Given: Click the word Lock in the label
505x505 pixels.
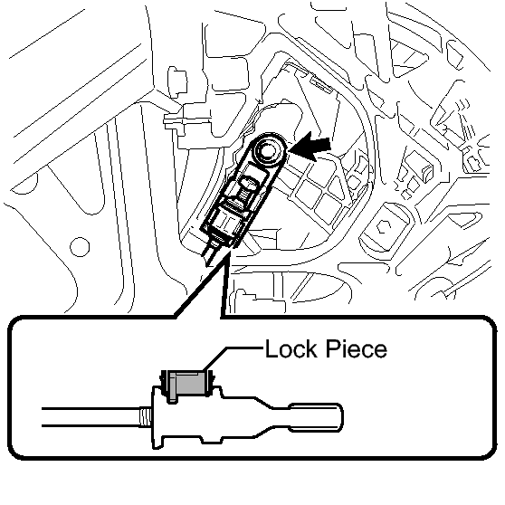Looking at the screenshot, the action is (x=291, y=348).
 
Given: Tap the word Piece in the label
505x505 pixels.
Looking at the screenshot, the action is (x=357, y=348).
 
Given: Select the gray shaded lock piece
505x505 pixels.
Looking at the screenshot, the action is (x=187, y=383).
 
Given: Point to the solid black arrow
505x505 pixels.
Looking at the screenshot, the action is (x=310, y=148).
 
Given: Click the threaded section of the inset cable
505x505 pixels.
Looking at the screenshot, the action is (x=145, y=417).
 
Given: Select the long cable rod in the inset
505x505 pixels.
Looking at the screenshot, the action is (x=91, y=417).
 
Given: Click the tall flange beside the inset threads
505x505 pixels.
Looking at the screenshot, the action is (x=157, y=418).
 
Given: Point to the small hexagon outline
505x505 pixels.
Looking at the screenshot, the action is (x=384, y=227).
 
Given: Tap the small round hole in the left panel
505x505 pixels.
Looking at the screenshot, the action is (x=80, y=247).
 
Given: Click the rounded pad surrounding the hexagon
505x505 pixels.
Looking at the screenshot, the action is (x=383, y=228).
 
